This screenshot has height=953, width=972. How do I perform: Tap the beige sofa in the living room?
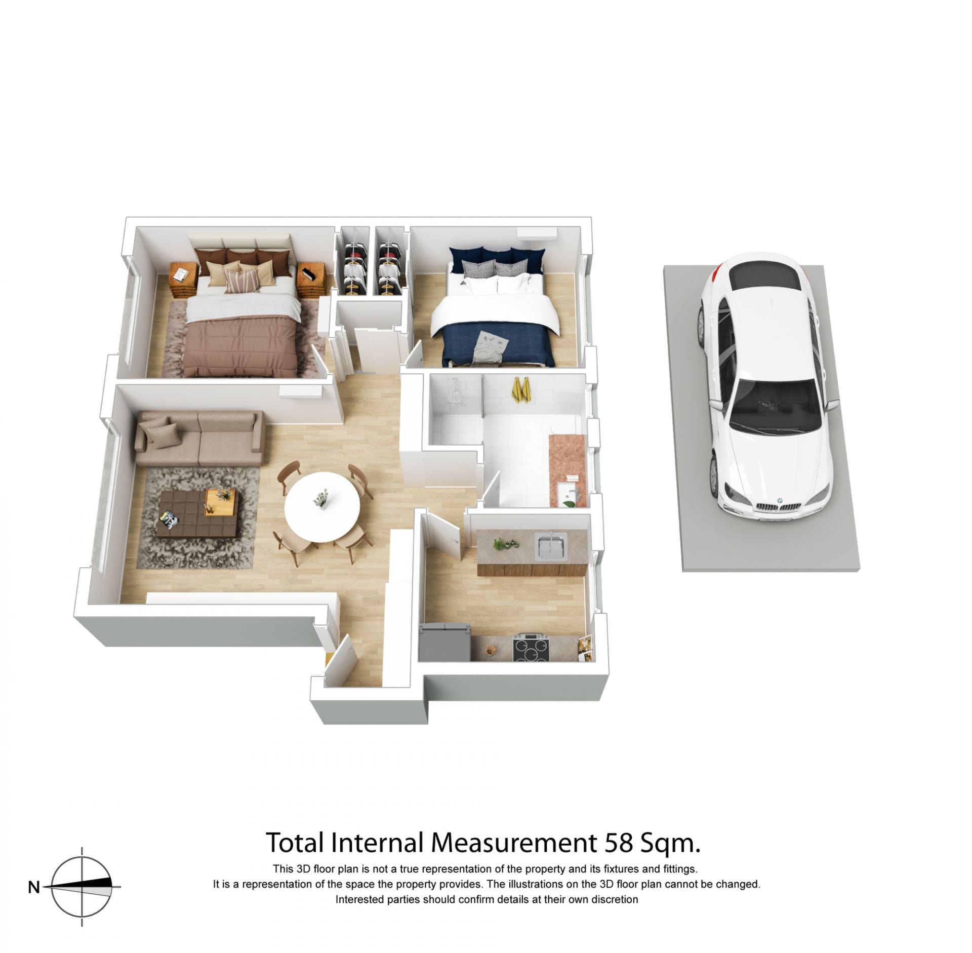[200, 439]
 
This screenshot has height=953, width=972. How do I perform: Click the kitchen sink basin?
[551, 547]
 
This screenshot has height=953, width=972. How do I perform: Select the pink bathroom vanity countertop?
[567, 469]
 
